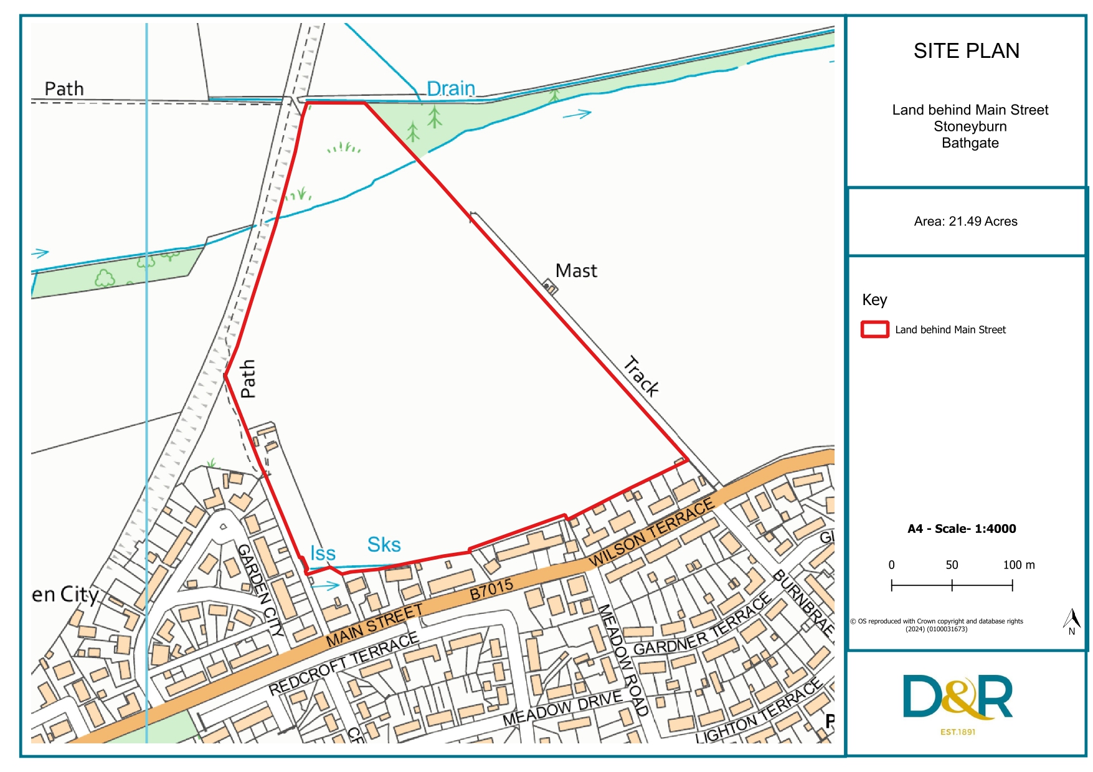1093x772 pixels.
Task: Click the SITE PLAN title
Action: (966, 51)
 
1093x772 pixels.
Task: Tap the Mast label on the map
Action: (576, 271)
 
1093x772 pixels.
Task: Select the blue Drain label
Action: (451, 89)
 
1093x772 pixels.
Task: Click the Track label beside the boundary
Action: (641, 376)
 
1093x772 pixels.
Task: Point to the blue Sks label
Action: (384, 545)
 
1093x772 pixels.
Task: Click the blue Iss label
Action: (323, 553)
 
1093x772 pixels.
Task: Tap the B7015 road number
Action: (491, 589)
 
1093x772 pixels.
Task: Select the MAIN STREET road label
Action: (374, 625)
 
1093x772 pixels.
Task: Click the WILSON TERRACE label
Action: (651, 532)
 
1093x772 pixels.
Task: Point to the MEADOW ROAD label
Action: (623, 659)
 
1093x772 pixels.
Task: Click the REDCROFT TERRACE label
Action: (343, 664)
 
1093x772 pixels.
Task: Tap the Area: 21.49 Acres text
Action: (965, 222)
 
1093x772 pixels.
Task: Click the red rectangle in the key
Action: (874, 329)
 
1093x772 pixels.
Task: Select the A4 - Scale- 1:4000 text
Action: (962, 529)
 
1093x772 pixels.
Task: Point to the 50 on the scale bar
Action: (952, 565)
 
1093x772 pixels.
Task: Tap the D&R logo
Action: (957, 699)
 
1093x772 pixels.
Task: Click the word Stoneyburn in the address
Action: (970, 126)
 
